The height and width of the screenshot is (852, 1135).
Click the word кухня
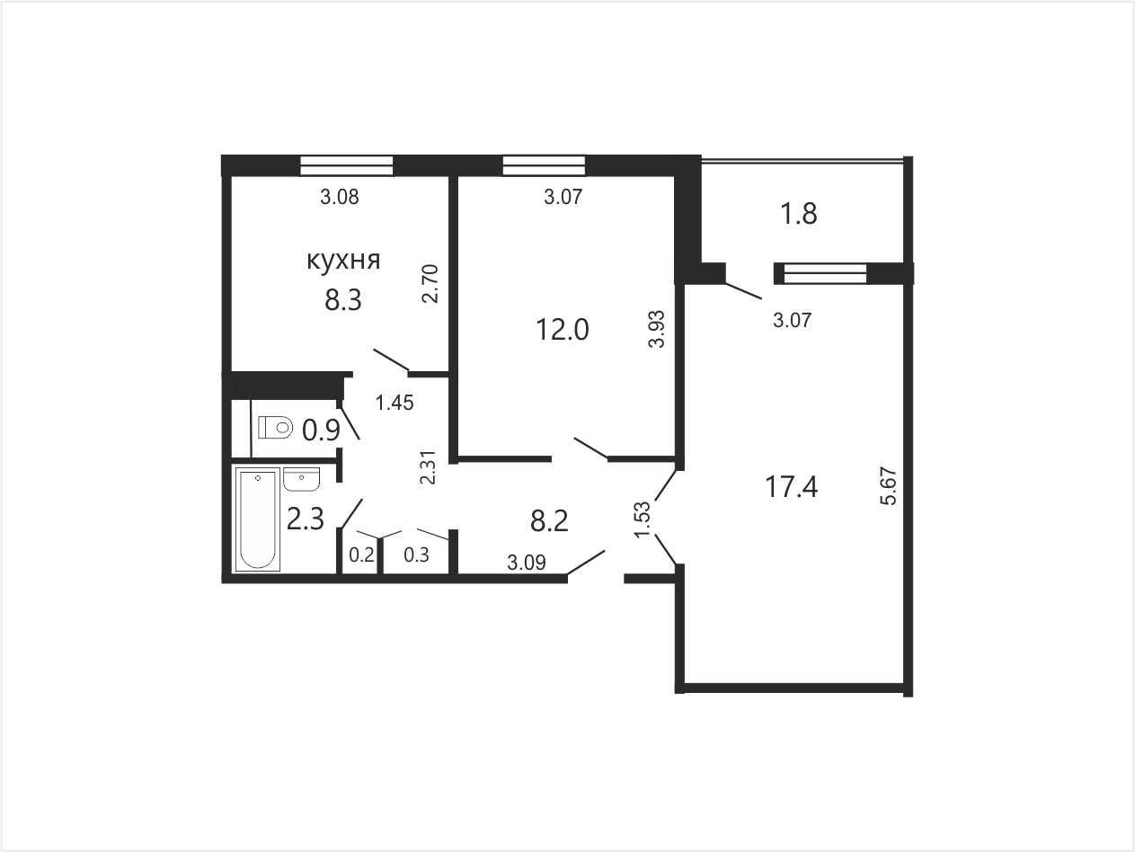click(x=343, y=260)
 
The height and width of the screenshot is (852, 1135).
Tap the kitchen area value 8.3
click(x=342, y=300)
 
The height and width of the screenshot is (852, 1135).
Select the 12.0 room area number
click(x=563, y=329)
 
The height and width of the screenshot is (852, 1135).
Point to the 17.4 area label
click(x=791, y=487)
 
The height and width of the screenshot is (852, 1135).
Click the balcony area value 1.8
click(x=799, y=214)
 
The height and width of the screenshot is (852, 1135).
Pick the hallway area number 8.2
click(x=549, y=520)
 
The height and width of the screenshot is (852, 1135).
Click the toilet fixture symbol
click(x=276, y=428)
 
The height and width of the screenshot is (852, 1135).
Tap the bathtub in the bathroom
click(x=258, y=519)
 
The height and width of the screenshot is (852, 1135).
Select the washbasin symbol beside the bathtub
click(x=301, y=479)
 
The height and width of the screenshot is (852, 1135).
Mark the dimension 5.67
click(x=891, y=486)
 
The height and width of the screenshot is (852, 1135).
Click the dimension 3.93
click(x=657, y=329)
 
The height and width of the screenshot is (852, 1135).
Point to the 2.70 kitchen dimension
click(x=430, y=283)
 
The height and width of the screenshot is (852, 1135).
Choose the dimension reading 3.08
click(x=339, y=197)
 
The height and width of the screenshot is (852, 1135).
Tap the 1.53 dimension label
click(x=643, y=519)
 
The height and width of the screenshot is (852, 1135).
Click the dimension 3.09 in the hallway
click(x=527, y=563)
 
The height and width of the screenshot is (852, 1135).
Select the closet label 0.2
click(x=361, y=555)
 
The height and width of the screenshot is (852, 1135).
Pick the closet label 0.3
click(x=416, y=555)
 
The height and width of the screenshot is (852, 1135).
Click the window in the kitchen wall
click(x=347, y=165)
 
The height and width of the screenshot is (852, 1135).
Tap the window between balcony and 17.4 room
click(x=825, y=274)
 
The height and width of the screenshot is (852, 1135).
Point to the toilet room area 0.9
click(x=321, y=430)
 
